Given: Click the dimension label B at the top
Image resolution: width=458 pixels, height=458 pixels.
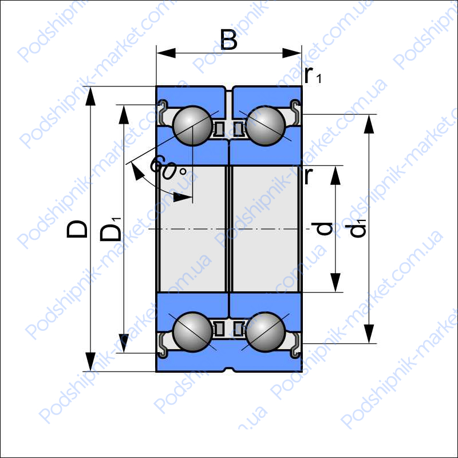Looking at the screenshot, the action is click(x=228, y=40).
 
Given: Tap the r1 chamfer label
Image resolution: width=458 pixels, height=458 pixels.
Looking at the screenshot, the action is click(x=313, y=76).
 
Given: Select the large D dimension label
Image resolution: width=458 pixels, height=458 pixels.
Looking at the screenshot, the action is click(x=77, y=229).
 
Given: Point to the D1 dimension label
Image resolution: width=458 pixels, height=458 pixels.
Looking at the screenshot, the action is click(x=111, y=230).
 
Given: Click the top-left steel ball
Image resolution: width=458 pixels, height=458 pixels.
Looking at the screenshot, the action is click(x=192, y=126).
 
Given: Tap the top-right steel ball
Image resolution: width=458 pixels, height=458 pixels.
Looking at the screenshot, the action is click(x=266, y=126).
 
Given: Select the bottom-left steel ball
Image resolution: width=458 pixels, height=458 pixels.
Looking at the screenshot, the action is click(x=192, y=332).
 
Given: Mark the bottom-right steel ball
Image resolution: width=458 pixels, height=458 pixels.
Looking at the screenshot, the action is click(x=266, y=332).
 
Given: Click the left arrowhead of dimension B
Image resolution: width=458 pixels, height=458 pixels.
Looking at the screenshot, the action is click(x=166, y=53).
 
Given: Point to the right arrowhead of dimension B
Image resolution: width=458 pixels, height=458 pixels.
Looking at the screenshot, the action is click(x=292, y=53).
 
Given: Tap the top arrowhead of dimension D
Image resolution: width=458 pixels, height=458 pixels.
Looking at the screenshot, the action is click(x=90, y=96).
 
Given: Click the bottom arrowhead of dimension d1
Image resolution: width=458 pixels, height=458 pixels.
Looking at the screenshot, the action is click(x=369, y=334).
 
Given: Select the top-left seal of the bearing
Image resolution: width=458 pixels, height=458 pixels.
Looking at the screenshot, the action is click(x=162, y=112).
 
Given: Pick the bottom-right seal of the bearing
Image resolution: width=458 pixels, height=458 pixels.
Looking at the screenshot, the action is click(x=295, y=346).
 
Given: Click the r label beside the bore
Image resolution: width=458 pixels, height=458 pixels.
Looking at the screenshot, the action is click(x=309, y=176).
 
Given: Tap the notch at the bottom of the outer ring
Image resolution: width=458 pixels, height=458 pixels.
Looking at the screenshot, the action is click(x=230, y=369).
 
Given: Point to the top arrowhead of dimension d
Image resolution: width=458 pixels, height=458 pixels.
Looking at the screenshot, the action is click(x=335, y=175).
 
